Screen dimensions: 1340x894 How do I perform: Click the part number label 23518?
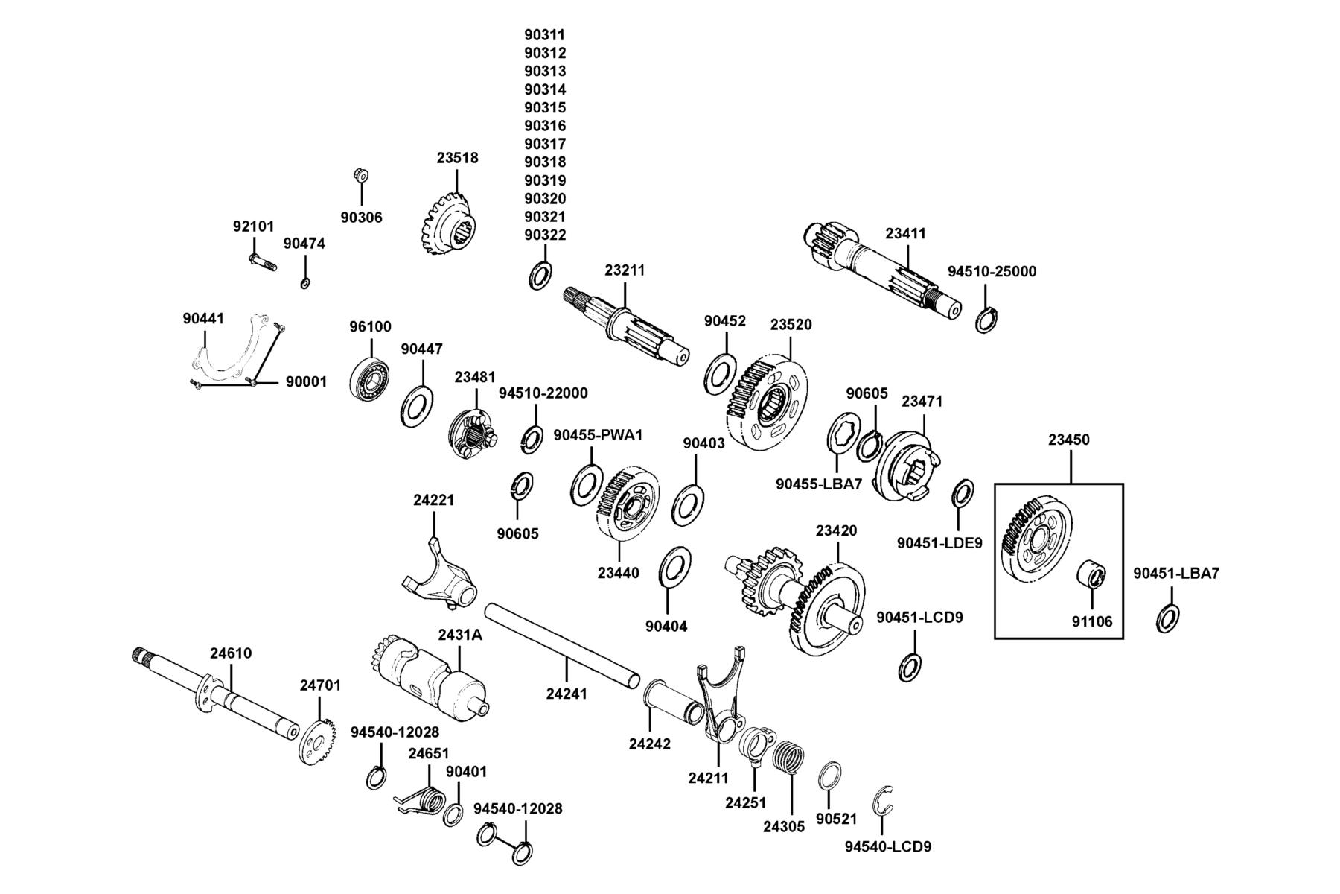click(457, 158)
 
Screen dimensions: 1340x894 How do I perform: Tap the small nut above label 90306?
click(361, 176)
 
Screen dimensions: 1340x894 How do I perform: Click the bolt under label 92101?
click(261, 261)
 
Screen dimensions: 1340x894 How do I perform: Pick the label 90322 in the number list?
click(545, 235)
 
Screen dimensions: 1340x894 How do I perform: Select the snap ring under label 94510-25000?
click(986, 320)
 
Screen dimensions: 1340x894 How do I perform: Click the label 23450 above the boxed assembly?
click(1069, 440)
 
